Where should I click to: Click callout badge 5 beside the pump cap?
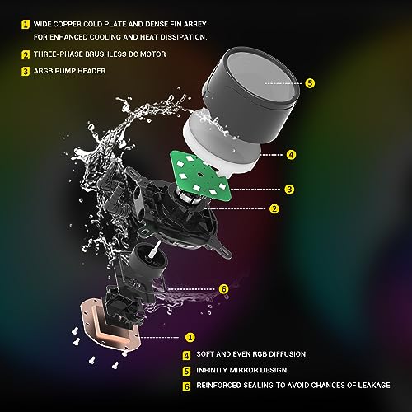pyautogui.click(x=309, y=83)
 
